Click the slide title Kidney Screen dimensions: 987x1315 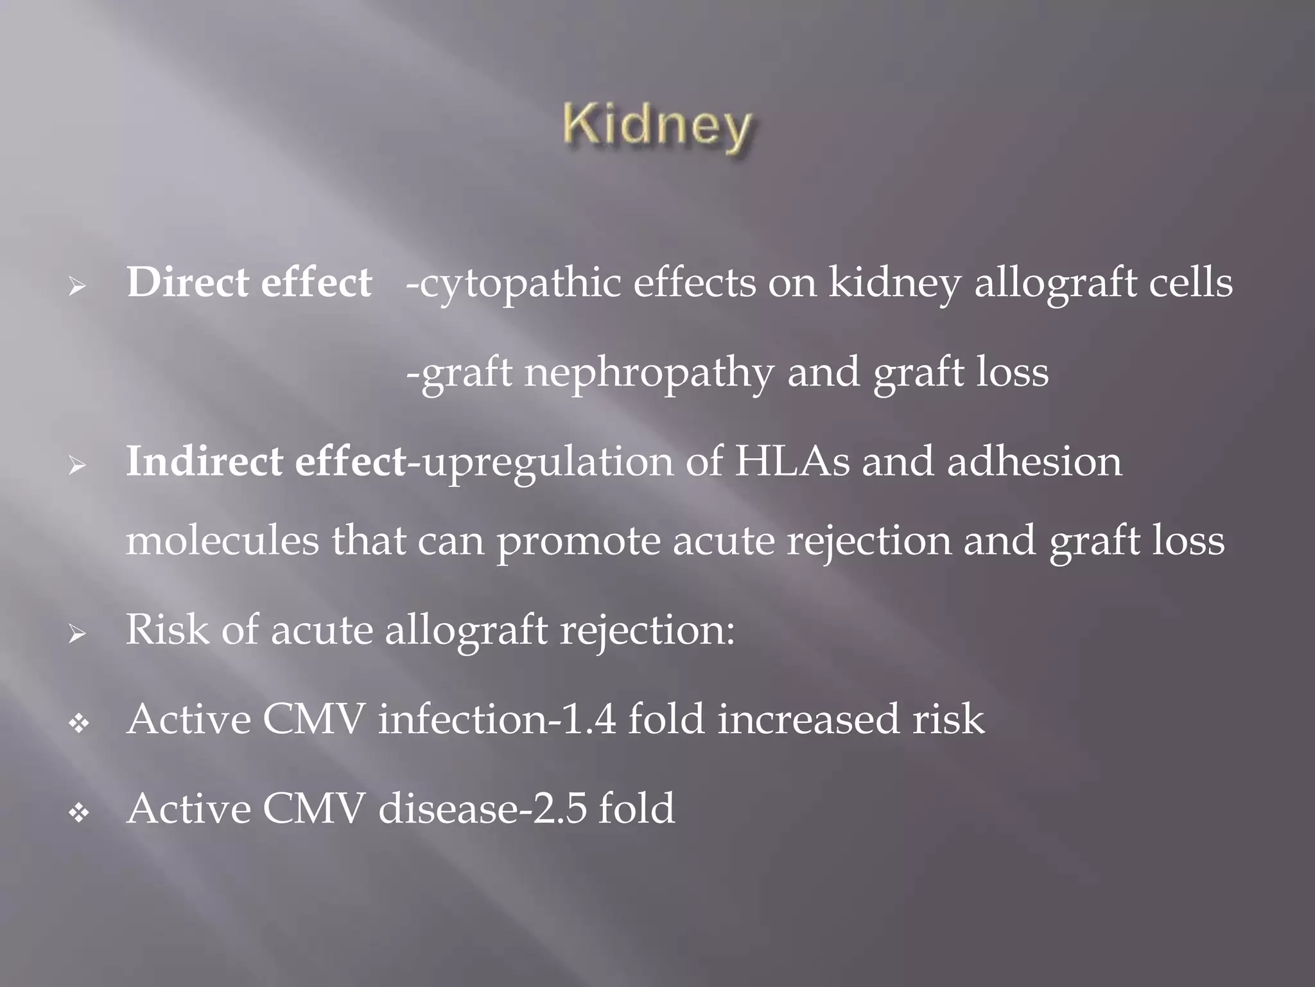(x=657, y=127)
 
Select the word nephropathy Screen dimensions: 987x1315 (x=649, y=373)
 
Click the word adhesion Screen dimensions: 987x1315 (x=1034, y=462)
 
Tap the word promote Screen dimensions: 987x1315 (x=579, y=542)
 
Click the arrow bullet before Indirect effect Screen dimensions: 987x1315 (x=78, y=466)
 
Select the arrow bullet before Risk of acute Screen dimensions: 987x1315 (x=78, y=634)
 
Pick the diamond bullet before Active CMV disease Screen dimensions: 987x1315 (x=79, y=814)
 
